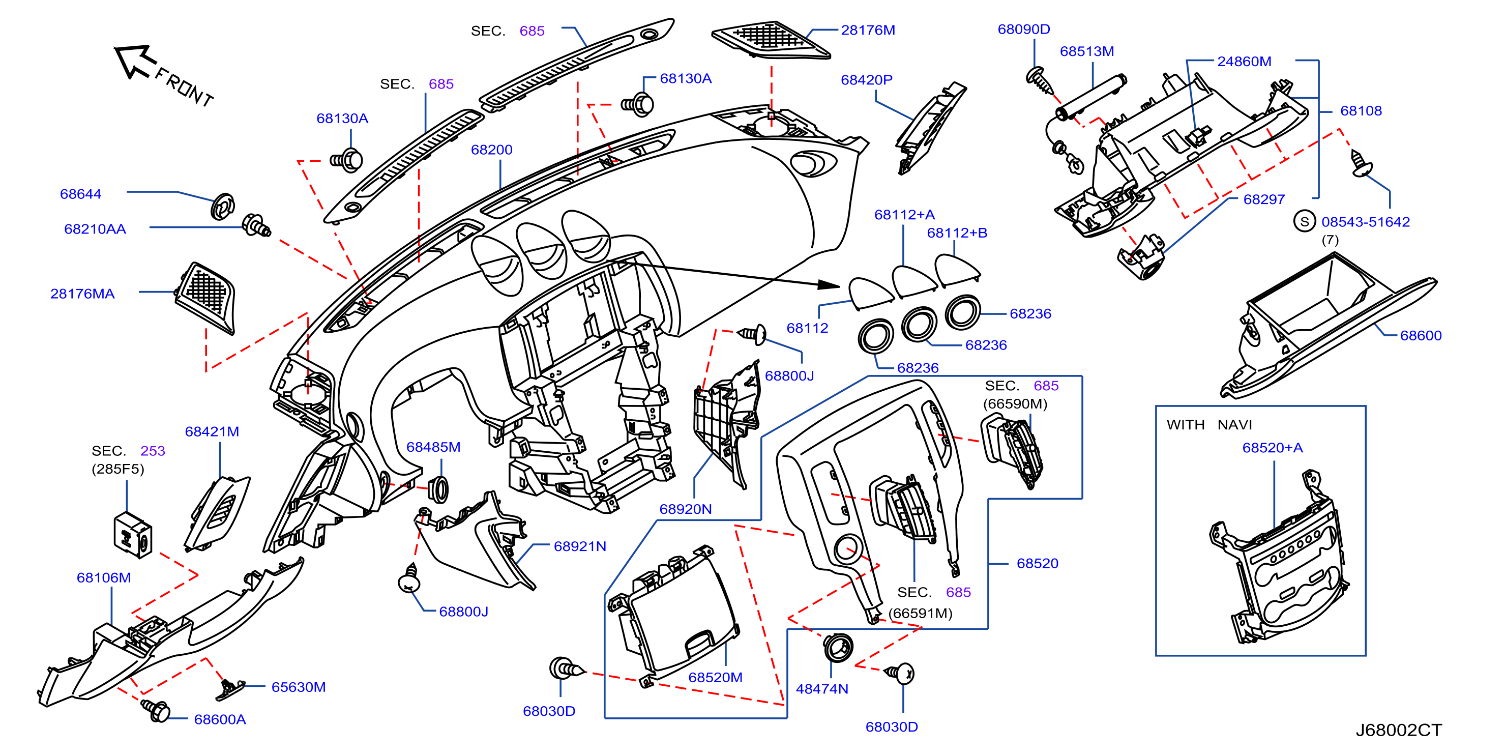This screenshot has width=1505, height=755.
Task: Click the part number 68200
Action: tap(491, 150)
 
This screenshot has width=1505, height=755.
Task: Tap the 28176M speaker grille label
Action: tap(868, 30)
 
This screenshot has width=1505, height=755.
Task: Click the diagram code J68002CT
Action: tap(1398, 730)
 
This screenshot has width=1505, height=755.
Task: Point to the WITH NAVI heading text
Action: tap(1209, 424)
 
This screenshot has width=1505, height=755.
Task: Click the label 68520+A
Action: tap(1272, 448)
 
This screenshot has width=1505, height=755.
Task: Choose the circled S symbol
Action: tap(1304, 221)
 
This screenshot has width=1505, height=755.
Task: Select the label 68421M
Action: tap(212, 431)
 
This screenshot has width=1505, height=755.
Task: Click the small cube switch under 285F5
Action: tap(133, 535)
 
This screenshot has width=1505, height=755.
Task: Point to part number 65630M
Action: tap(298, 687)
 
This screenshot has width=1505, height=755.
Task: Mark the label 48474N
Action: tap(821, 688)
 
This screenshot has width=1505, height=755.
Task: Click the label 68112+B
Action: tap(957, 233)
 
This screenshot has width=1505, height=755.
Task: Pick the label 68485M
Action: tap(433, 447)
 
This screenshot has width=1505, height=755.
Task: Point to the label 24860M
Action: tap(1244, 62)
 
